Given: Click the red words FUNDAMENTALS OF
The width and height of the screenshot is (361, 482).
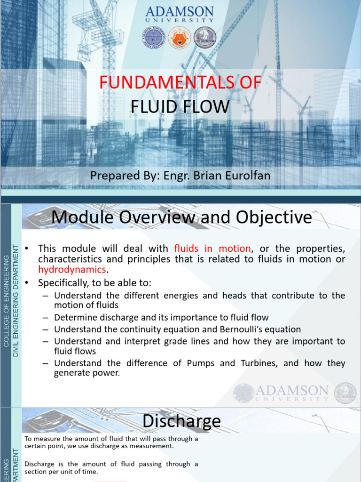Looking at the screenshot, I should point(180,82).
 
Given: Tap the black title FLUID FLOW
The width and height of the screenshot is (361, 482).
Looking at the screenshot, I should point(180,107).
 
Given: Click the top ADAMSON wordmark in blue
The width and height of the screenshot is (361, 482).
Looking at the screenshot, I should point(180,11).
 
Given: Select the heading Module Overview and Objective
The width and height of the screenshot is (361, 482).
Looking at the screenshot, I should point(181,217).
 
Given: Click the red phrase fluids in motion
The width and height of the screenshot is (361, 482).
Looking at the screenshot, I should point(212,248).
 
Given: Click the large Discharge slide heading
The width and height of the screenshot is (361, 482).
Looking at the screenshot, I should point(181,421).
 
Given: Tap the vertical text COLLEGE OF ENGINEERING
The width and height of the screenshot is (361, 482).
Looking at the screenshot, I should point(6,302).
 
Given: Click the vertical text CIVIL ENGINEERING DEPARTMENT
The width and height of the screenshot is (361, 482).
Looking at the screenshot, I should point(16,301).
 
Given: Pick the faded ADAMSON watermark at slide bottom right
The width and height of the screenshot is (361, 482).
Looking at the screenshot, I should point(291,392).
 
